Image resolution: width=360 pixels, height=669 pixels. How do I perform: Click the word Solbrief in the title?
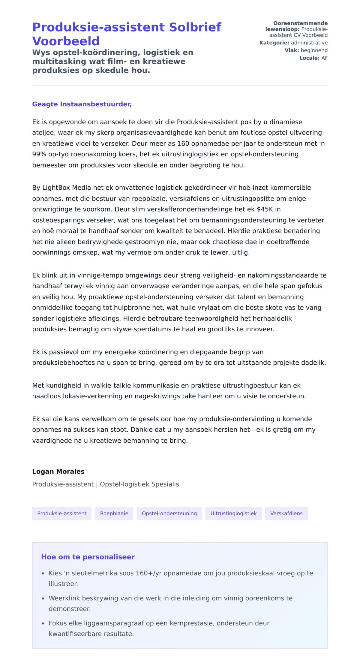(195, 27)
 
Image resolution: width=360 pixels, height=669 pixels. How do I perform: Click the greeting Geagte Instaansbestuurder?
(82, 104)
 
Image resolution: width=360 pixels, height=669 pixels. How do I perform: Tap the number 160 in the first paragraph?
(183, 143)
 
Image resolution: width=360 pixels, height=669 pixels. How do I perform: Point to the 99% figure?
(39, 154)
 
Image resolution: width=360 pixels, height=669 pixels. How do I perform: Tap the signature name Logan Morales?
(58, 472)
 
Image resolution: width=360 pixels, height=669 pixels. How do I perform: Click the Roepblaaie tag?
(114, 514)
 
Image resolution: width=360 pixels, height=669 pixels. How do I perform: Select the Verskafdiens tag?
(286, 514)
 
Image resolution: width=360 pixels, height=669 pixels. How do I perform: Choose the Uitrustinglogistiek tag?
(233, 514)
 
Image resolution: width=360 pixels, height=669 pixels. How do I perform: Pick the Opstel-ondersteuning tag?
(169, 514)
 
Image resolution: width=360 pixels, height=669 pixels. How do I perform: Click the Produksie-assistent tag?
(62, 514)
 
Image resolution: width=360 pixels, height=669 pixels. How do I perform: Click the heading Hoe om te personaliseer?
(88, 557)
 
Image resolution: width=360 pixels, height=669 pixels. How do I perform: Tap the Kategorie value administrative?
(309, 43)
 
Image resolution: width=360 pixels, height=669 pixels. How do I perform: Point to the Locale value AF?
(324, 58)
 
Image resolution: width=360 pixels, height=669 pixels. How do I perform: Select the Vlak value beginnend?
(314, 50)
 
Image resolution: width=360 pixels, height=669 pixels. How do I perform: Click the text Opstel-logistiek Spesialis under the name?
(139, 484)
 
